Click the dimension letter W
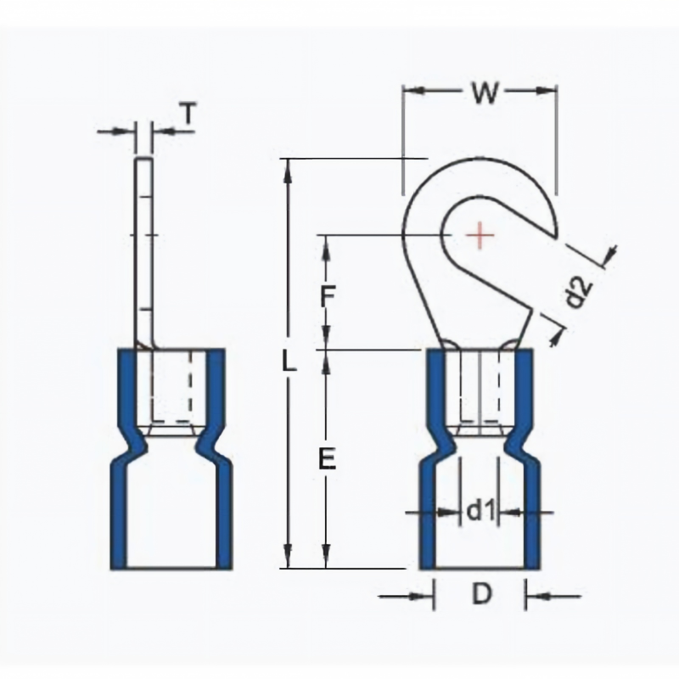485,93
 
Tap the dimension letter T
188,113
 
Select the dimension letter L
289,361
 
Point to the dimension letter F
328,295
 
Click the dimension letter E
328,459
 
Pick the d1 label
480,512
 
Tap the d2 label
579,291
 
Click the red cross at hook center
480,235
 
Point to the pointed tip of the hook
556,238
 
